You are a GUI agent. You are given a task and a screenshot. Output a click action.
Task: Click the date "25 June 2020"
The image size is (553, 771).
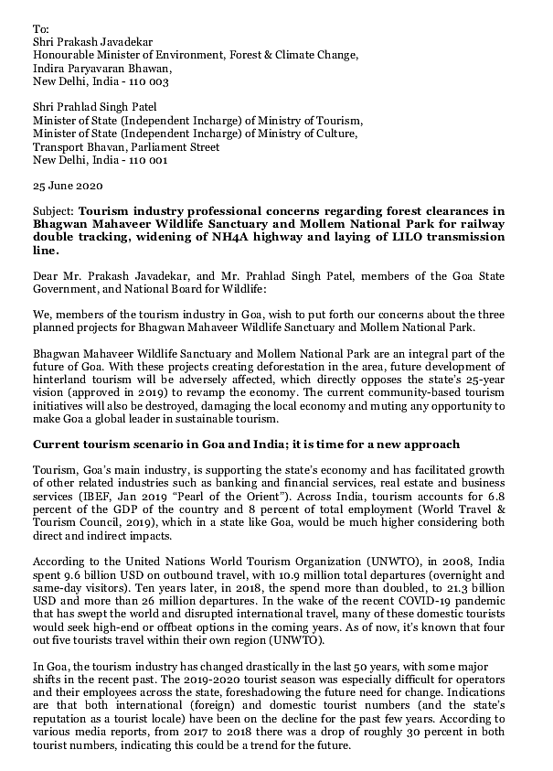point(66,184)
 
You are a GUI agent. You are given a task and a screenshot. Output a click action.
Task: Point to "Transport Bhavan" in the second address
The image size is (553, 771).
point(77,145)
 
